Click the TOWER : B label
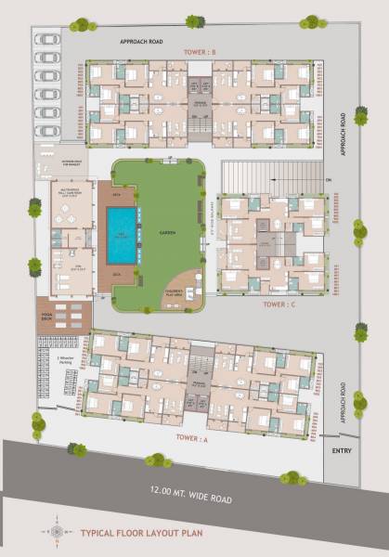[x=200, y=51]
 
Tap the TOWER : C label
[x=279, y=304]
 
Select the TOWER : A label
[x=192, y=440]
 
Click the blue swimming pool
[x=120, y=235]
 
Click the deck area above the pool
[x=118, y=196]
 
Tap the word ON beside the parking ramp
[x=328, y=178]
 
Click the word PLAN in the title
[x=209, y=533]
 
